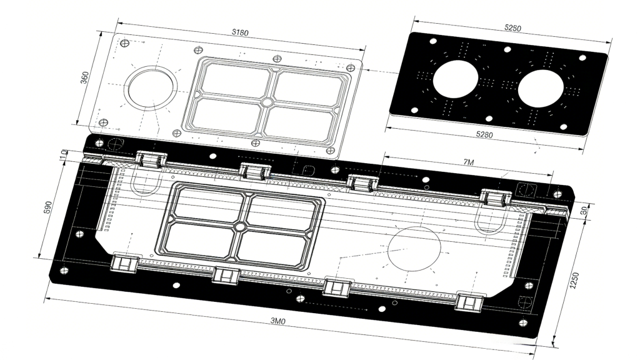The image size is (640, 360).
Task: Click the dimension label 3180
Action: tap(238, 32)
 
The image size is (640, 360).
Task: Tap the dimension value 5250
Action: tap(512, 28)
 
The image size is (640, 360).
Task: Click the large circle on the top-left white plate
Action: tap(150, 86)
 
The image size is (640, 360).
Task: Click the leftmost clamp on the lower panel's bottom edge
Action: tap(124, 263)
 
